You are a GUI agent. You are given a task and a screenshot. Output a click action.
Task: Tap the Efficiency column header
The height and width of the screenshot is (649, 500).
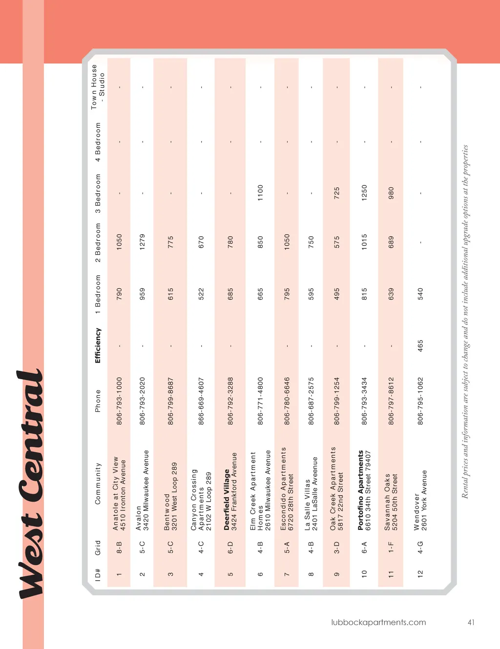tap(98, 345)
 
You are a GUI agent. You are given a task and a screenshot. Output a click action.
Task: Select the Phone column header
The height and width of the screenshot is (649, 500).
tap(98, 400)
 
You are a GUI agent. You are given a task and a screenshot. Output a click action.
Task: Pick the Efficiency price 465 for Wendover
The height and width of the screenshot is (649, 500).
tap(420, 345)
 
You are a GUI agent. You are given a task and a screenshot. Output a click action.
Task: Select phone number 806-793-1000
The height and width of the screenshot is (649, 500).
tap(119, 400)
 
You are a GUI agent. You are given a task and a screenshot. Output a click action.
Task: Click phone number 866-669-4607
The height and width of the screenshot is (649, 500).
tap(201, 400)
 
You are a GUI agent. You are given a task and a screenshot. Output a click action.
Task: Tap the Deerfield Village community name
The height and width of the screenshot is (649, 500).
tap(227, 499)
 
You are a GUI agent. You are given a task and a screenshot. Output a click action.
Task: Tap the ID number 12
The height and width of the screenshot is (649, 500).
tap(420, 574)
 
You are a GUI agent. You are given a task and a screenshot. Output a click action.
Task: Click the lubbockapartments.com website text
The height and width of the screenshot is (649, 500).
tap(378, 622)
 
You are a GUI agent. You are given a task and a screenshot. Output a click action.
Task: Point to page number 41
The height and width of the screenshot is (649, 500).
tap(471, 622)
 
